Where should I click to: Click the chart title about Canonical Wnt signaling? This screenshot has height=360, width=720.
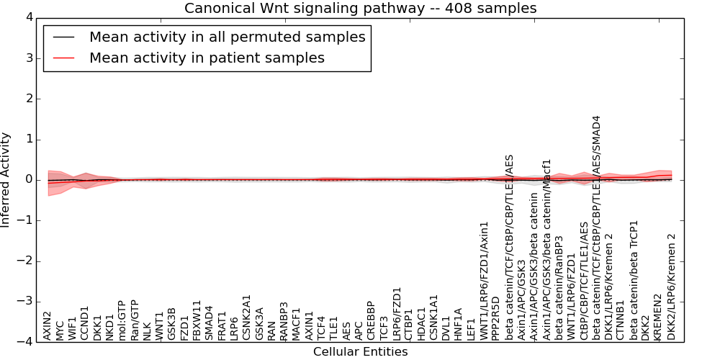tap(360, 8)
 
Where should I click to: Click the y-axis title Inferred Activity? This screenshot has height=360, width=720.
tap(6, 180)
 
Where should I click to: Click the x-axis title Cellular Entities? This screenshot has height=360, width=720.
tap(360, 352)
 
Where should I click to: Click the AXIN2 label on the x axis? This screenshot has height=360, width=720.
tap(48, 325)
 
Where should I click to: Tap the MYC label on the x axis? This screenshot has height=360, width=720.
tap(60, 330)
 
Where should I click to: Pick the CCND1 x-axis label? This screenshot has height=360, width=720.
tap(85, 324)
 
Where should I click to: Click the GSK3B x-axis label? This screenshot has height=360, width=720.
tap(171, 324)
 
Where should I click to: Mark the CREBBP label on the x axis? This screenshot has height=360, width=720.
tap(371, 320)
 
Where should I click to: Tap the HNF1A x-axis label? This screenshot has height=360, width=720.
tap(458, 324)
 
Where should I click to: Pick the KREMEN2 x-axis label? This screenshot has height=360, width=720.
tap(657, 318)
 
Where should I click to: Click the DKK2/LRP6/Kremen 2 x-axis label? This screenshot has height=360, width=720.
tap(672, 287)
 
